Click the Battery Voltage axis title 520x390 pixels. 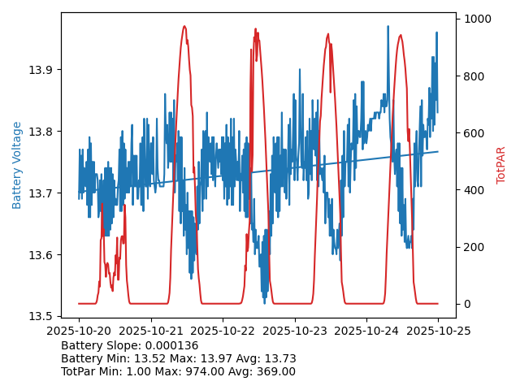click(x=17, y=165)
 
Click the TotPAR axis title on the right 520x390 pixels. click(x=501, y=165)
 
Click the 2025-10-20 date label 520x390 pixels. click(x=79, y=331)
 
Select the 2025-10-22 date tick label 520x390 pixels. click(x=223, y=331)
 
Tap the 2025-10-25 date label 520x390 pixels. click(x=438, y=331)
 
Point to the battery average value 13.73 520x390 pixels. click(x=280, y=358)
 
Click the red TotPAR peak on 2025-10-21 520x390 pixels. click(x=184, y=27)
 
